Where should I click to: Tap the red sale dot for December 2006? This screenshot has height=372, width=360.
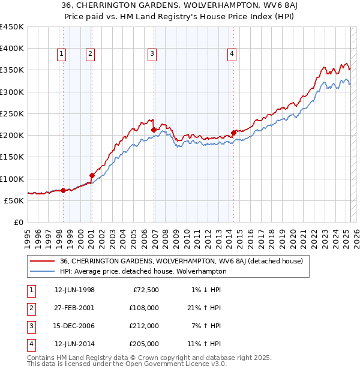154,130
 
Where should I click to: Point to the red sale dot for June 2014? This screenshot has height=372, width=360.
233,133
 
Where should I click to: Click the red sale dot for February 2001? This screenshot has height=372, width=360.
92,175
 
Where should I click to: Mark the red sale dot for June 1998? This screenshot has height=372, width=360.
63,190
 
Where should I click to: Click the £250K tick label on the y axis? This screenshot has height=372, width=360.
12,113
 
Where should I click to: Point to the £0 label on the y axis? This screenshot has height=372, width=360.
19,222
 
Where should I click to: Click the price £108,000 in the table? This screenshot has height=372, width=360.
144,308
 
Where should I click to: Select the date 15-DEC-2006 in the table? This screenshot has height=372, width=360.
74,326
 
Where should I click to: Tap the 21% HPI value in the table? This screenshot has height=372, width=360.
204,308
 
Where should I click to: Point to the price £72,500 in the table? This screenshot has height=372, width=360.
146,290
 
